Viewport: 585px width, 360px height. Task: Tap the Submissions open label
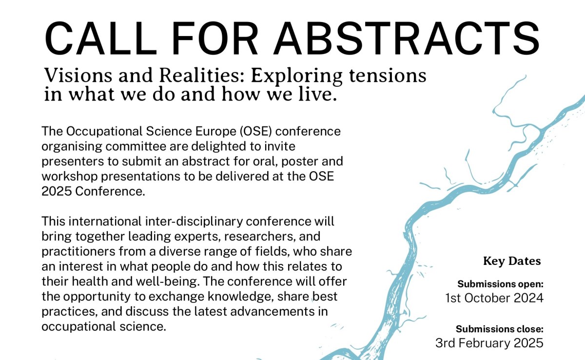tap(500, 283)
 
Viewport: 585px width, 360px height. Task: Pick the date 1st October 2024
tap(494, 298)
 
